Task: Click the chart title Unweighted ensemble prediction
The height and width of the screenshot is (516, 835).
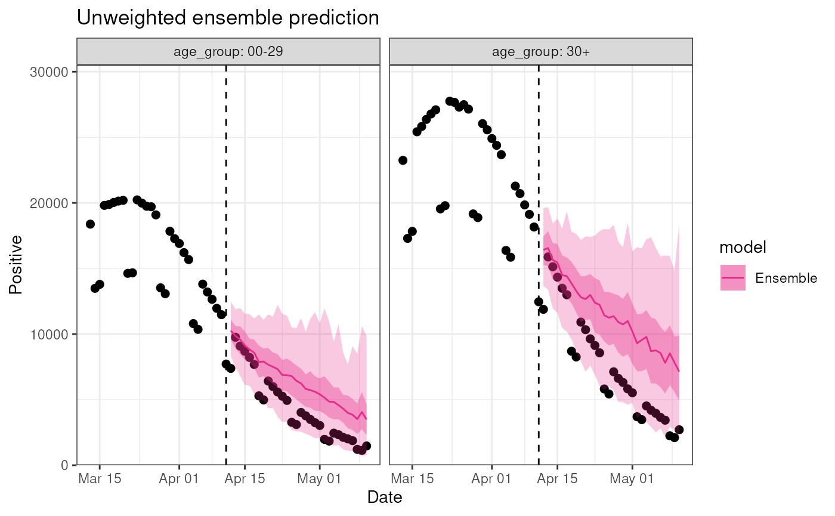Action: (x=228, y=18)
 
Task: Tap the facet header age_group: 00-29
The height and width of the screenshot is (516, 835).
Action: (x=228, y=51)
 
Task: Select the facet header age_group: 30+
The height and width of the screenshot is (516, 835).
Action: (x=540, y=51)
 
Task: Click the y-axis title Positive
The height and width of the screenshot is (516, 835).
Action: (x=16, y=264)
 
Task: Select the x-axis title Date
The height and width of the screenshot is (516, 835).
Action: (x=385, y=497)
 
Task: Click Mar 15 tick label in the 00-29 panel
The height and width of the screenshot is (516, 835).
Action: (x=99, y=479)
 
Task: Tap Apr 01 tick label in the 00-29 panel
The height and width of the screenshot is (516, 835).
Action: (x=179, y=479)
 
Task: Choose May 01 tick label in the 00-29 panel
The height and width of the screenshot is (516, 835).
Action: (x=320, y=479)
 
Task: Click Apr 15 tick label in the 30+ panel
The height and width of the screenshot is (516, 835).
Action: (x=557, y=479)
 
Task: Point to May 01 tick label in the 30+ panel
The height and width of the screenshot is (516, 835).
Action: (x=632, y=479)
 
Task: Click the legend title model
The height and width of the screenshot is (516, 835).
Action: (x=743, y=247)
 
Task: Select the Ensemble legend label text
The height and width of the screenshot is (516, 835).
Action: (x=786, y=278)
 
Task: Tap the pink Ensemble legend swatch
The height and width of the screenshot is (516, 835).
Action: (x=733, y=278)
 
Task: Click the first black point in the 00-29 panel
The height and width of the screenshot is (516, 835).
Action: (x=90, y=224)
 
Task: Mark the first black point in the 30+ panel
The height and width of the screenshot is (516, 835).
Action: (x=403, y=160)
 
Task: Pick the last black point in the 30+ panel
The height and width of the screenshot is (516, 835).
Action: (x=679, y=430)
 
